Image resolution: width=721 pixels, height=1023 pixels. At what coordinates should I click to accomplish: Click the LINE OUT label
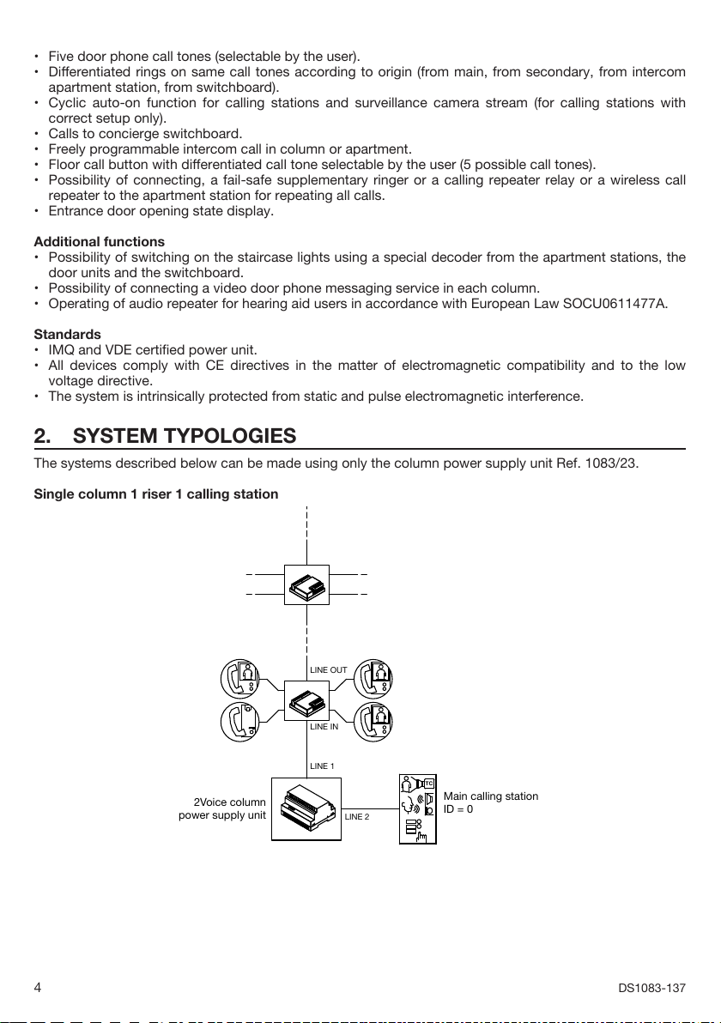click(x=328, y=669)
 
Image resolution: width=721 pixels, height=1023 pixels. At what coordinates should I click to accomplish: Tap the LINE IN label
click(x=324, y=726)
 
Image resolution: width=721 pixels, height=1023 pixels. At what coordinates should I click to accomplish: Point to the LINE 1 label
click(x=322, y=765)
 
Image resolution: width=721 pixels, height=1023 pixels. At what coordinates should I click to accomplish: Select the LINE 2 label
click(x=357, y=816)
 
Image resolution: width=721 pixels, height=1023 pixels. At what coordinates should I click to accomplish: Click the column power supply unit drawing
click(x=306, y=809)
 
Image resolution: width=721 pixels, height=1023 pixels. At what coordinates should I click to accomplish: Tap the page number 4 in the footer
click(x=38, y=988)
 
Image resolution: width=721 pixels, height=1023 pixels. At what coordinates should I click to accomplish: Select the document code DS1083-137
click(x=651, y=988)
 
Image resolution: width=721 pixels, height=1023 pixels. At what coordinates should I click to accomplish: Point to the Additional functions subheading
click(x=99, y=242)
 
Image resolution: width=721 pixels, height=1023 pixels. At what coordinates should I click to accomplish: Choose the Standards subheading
click(x=67, y=334)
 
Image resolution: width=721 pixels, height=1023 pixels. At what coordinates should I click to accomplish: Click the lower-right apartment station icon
click(x=373, y=721)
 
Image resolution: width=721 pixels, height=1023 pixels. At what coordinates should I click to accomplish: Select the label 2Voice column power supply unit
click(x=222, y=808)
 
